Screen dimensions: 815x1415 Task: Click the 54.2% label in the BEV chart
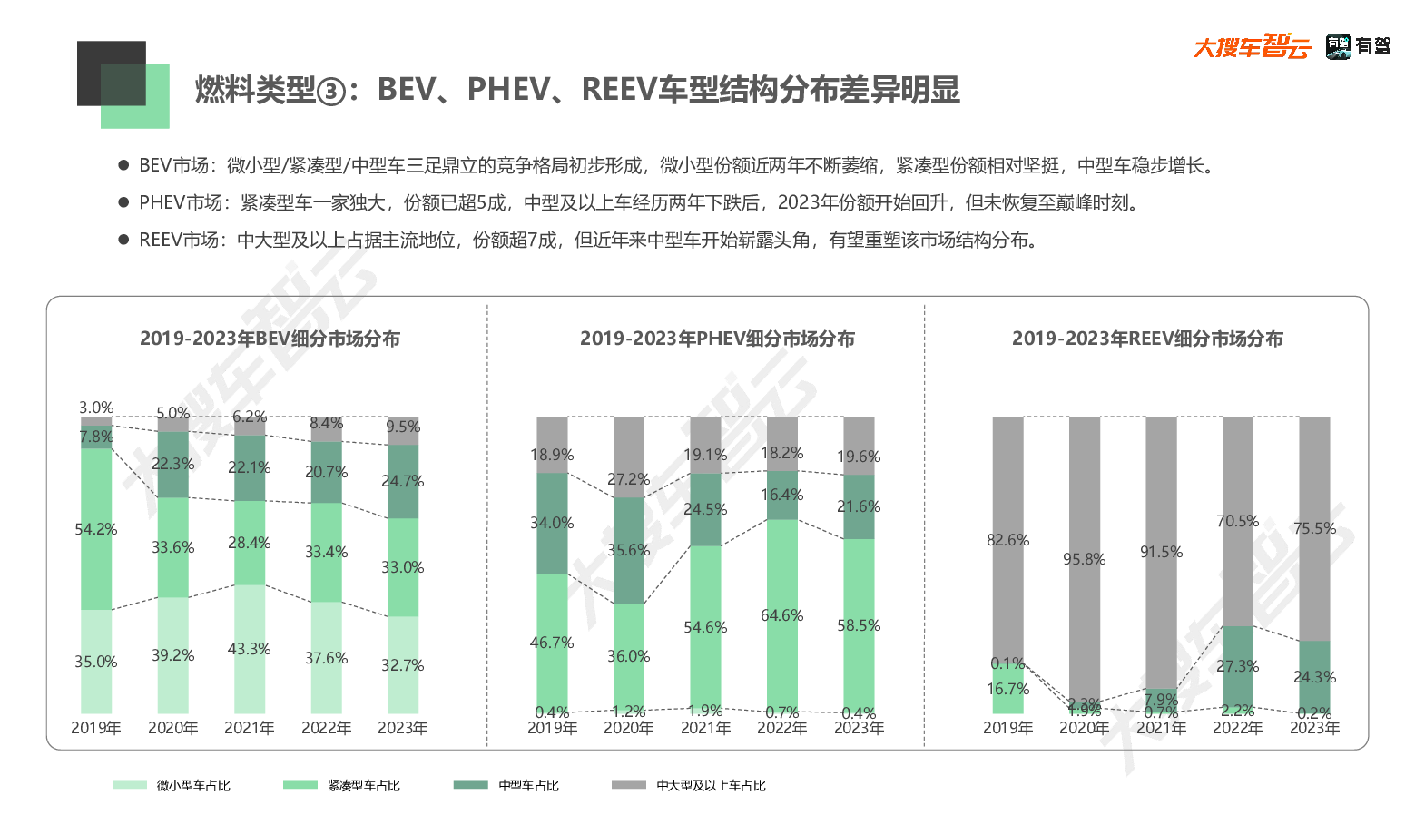96,529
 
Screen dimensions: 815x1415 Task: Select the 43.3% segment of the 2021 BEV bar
250,649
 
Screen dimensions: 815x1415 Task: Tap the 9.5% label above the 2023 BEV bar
403,427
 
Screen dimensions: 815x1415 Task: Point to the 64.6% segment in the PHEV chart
781,615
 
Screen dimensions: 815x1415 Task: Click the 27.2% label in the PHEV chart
628,479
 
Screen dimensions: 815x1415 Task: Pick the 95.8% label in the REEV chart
1085,559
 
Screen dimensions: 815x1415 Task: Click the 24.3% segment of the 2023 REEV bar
1314,676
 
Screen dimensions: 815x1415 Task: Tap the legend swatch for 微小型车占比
130,785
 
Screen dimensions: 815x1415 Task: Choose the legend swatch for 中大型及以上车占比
629,785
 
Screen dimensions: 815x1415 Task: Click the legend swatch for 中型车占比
471,785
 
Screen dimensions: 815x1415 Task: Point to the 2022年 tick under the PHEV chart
781,728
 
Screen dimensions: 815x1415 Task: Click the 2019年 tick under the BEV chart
96,728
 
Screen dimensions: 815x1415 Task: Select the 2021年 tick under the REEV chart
1161,728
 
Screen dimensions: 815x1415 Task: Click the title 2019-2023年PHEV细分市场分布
717,339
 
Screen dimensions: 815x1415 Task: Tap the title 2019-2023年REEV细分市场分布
1147,339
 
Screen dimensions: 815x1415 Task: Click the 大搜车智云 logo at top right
1253,45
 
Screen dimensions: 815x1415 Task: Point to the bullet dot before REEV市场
123,240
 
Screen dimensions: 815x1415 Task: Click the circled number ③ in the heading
332,91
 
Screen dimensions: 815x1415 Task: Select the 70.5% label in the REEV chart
1237,521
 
